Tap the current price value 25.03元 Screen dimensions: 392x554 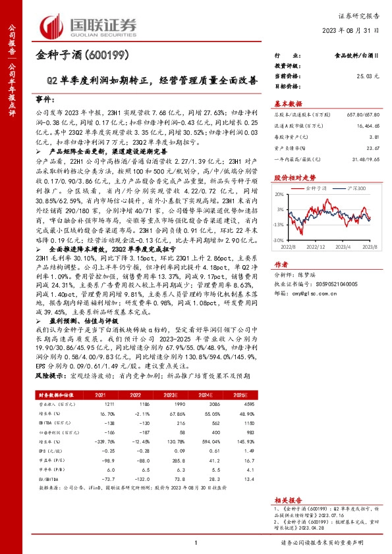tap(368, 76)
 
